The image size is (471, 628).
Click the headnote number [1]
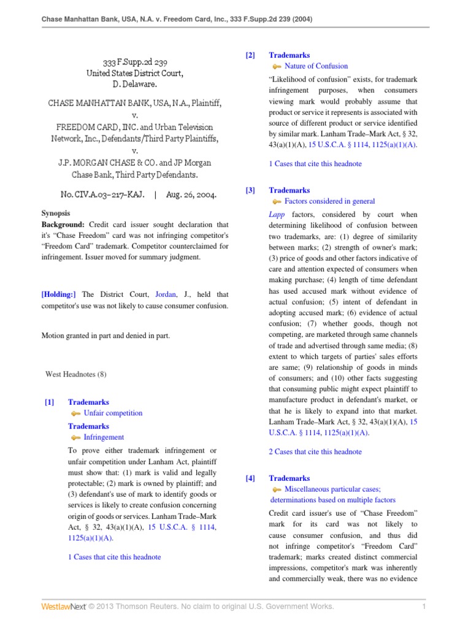pyautogui.click(x=49, y=402)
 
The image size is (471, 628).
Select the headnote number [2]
pyautogui.click(x=250, y=56)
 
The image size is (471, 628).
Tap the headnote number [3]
pyautogui.click(x=250, y=191)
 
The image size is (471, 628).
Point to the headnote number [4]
pyautogui.click(x=250, y=478)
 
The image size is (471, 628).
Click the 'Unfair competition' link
pyautogui.click(x=113, y=413)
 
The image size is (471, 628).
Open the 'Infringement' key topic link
pyautogui.click(x=104, y=437)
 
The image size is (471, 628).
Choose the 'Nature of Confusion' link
pyautogui.click(x=316, y=66)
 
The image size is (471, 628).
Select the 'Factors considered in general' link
pyautogui.click(x=329, y=201)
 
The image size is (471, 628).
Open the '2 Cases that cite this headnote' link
pyautogui.click(x=315, y=452)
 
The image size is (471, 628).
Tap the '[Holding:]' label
pyautogui.click(x=59, y=294)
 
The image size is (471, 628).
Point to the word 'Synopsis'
pyautogui.click(x=56, y=213)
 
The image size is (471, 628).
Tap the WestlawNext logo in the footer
pyautogui.click(x=64, y=607)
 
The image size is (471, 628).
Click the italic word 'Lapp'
pyautogui.click(x=277, y=215)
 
